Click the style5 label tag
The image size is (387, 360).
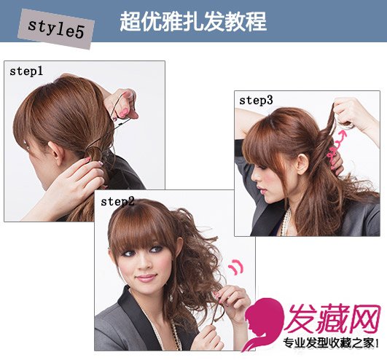pyautogui.click(x=56, y=29)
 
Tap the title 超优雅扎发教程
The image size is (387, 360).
pyautogui.click(x=193, y=21)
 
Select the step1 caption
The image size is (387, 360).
pyautogui.click(x=26, y=71)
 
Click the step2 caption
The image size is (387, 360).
pyautogui.click(x=117, y=202)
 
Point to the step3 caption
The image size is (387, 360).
pyautogui.click(x=256, y=101)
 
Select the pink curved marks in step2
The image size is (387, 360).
pyautogui.click(x=235, y=266)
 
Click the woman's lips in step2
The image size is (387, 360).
pyautogui.click(x=146, y=278)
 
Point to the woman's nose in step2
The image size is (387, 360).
pyautogui.click(x=144, y=263)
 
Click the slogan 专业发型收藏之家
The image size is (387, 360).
pyautogui.click(x=331, y=343)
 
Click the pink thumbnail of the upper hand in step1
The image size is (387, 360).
pyautogui.click(x=124, y=114)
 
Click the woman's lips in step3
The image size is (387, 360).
pyautogui.click(x=262, y=190)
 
